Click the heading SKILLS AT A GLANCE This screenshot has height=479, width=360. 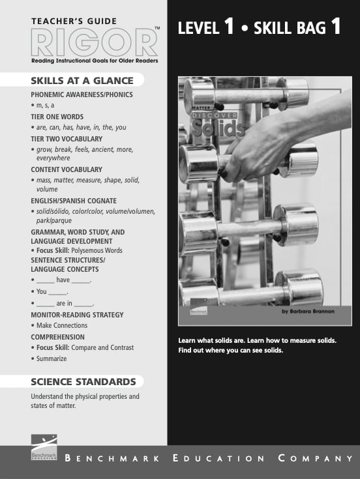tap(82, 81)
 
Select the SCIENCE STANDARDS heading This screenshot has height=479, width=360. tap(83, 382)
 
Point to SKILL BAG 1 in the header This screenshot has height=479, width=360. tap(297, 28)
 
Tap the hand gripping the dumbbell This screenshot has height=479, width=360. tap(261, 147)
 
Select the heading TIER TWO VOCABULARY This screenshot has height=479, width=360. tap(67, 139)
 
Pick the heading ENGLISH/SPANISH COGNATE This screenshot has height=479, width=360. tap(74, 200)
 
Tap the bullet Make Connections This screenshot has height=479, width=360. tap(61, 325)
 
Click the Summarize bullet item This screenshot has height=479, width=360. tap(52, 358)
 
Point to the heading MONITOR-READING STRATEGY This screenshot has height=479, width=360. tap(77, 315)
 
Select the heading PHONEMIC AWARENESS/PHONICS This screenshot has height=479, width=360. tap(82, 94)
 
